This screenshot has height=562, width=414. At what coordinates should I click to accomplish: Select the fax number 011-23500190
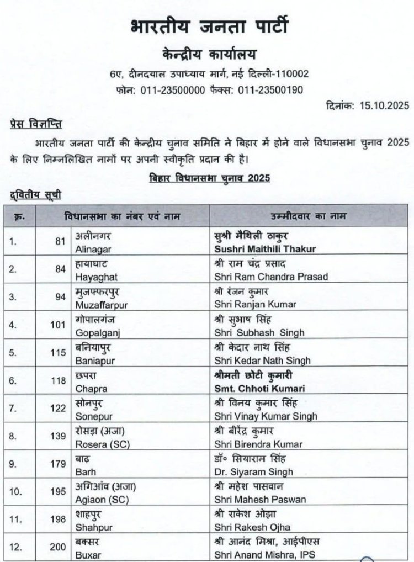270,89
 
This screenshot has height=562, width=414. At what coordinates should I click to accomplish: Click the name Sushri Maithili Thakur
264,249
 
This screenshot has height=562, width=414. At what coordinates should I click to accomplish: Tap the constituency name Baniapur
92,360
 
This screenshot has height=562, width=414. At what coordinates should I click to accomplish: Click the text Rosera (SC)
98,444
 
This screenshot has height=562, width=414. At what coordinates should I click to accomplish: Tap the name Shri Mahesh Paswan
259,500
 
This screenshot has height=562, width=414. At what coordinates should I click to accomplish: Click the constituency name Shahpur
91,527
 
